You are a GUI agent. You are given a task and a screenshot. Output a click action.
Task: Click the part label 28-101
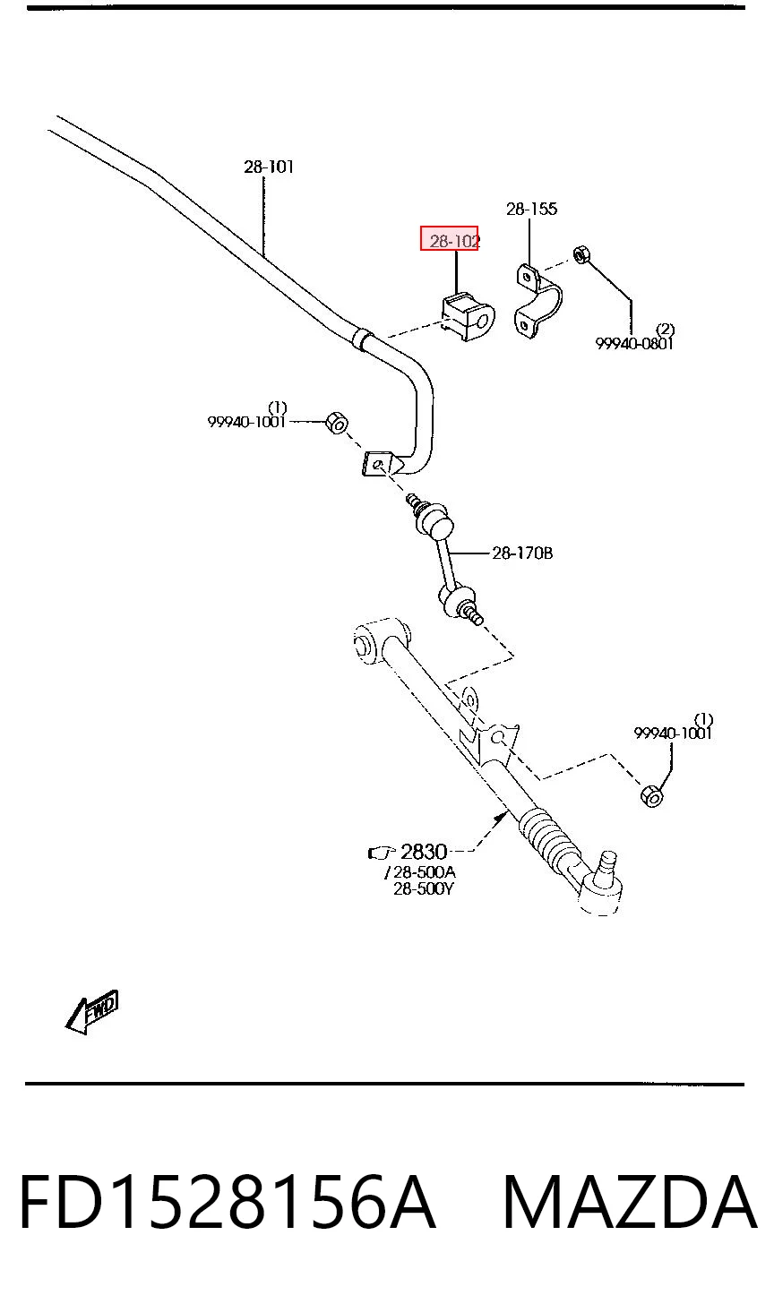(x=269, y=167)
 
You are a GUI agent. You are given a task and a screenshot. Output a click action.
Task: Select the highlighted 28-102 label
(x=450, y=238)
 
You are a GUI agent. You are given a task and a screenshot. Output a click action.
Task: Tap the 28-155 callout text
(x=531, y=209)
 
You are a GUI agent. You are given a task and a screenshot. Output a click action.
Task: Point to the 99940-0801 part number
(x=633, y=344)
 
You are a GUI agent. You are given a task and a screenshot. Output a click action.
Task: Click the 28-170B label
(x=522, y=553)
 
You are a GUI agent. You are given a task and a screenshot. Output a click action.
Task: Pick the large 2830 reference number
(x=424, y=852)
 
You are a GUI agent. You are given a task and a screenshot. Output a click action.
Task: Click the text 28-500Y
(x=424, y=889)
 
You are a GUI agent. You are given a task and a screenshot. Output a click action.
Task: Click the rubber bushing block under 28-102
(x=468, y=317)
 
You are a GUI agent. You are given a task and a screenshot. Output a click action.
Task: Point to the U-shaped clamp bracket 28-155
(x=537, y=300)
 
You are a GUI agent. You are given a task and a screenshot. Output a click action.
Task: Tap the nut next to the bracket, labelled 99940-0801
(x=581, y=255)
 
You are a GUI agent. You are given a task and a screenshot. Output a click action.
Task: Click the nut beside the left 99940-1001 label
(x=337, y=423)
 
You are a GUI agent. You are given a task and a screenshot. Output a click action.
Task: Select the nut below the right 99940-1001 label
(x=651, y=795)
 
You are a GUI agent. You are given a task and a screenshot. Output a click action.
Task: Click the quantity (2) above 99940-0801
(x=665, y=330)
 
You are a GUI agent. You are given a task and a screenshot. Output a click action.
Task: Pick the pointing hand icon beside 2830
(x=382, y=853)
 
